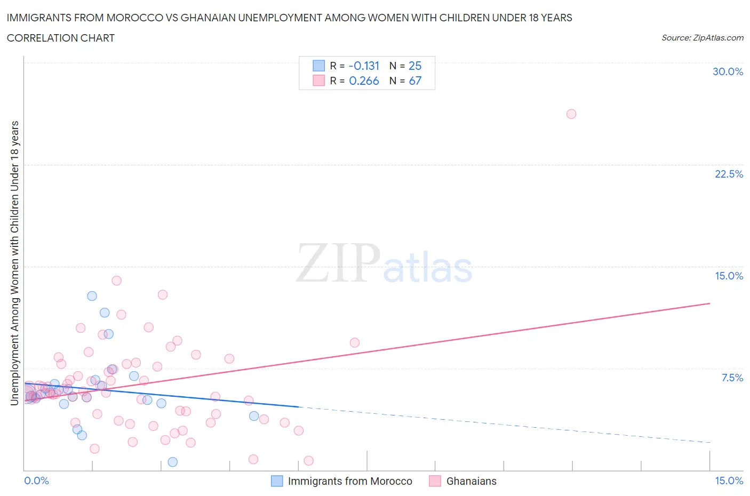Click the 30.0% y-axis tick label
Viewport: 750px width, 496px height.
tap(728, 71)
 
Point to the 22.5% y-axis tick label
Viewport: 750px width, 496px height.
tap(729, 174)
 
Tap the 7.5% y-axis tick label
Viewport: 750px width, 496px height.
tap(732, 378)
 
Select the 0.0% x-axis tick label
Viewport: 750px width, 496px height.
tap(36, 481)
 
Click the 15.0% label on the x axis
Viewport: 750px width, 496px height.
tap(729, 481)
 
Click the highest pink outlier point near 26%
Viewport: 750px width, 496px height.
tap(571, 114)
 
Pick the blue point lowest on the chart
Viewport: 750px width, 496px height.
tap(172, 462)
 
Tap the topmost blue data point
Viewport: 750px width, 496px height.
tap(92, 296)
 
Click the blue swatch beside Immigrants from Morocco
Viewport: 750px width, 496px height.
tap(277, 481)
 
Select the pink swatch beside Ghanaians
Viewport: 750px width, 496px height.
tap(435, 481)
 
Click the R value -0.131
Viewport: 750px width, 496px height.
tap(364, 66)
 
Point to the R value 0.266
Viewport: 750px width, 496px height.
tap(364, 81)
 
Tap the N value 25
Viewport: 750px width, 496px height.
tap(414, 66)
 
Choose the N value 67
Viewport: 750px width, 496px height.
tap(414, 81)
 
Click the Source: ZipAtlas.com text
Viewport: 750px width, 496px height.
tap(702, 37)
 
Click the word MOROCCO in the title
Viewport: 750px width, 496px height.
tap(138, 18)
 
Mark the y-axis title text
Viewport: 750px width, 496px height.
tap(14, 263)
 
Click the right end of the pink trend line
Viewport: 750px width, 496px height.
tap(709, 303)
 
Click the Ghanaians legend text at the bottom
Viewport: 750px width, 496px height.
tap(471, 481)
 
